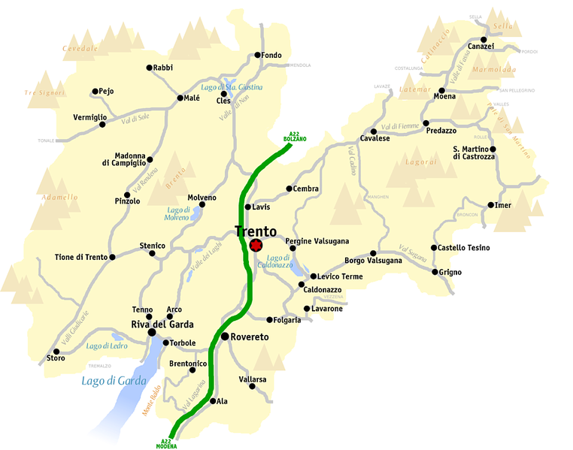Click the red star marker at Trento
click(256, 245)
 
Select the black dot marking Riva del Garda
click(152, 331)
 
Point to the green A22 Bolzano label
click(295, 137)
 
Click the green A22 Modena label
click(166, 442)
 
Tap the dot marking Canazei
click(484, 39)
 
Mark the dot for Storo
click(56, 351)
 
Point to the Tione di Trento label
click(81, 257)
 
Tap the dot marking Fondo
click(258, 55)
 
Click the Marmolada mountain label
click(494, 69)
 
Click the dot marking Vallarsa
click(252, 386)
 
